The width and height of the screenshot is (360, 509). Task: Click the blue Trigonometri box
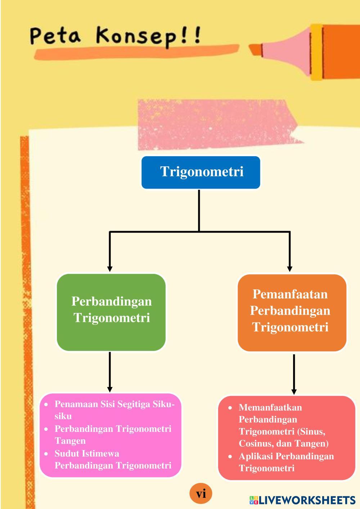pyautogui.click(x=201, y=172)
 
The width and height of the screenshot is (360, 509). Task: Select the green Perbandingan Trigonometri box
pyautogui.click(x=111, y=312)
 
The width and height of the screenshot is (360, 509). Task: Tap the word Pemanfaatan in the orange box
pyautogui.click(x=290, y=294)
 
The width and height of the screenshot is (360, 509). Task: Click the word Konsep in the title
pyautogui.click(x=136, y=36)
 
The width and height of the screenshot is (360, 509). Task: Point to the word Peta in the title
pyautogui.click(x=55, y=36)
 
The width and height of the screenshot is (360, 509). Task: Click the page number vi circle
pyautogui.click(x=201, y=494)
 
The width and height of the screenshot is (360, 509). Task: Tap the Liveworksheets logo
pyautogui.click(x=302, y=500)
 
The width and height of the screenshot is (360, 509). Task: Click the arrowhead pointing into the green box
pyautogui.click(x=110, y=269)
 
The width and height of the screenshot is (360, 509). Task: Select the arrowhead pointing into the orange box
pyautogui.click(x=289, y=269)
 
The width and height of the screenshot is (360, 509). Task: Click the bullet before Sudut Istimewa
pyautogui.click(x=46, y=454)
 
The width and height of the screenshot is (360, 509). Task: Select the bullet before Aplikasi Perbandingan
pyautogui.click(x=230, y=456)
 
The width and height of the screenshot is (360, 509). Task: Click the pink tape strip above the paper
pyautogui.click(x=218, y=125)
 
